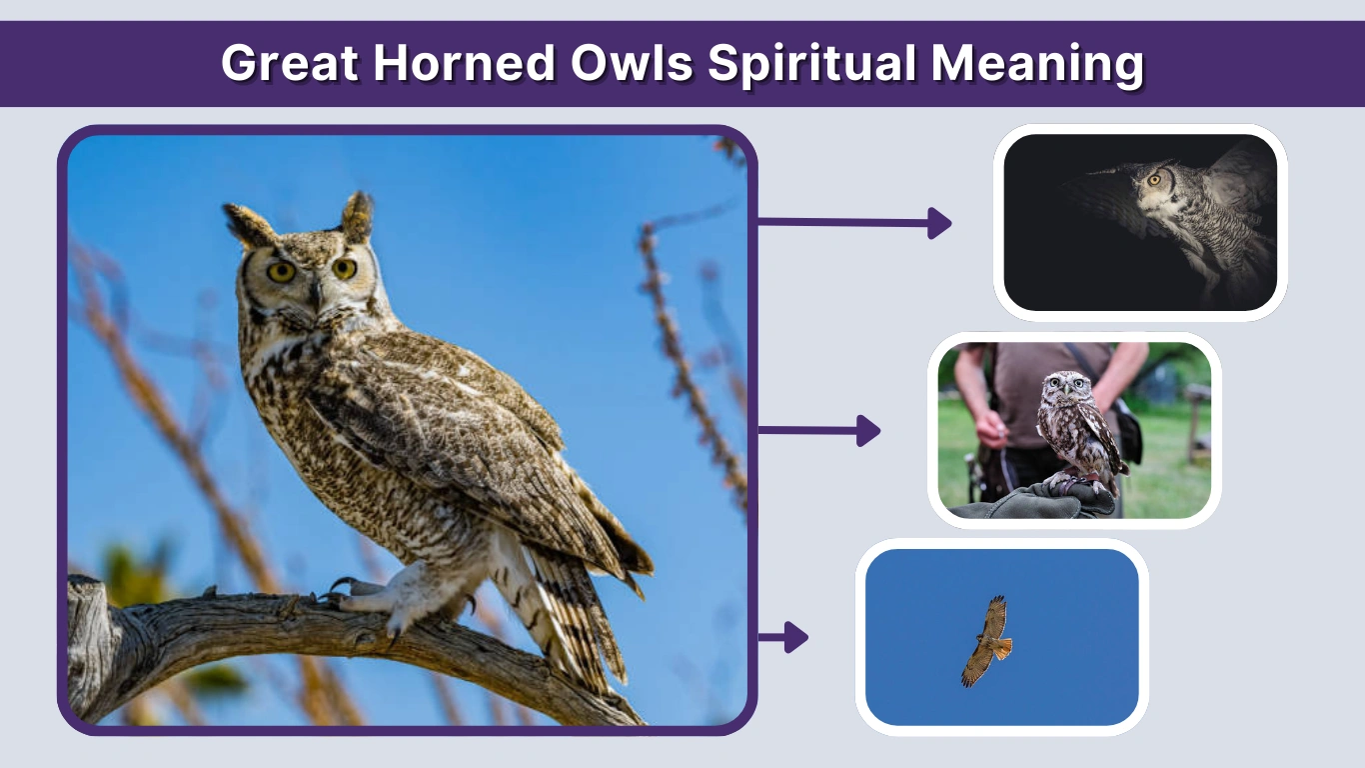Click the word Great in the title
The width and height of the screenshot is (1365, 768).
coord(289,64)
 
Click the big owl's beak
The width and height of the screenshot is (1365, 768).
coord(315,292)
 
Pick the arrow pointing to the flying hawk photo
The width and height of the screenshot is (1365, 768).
coord(783,636)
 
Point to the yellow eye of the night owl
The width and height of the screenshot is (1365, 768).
coord(1154,180)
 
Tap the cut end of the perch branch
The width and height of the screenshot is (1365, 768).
coord(85,640)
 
